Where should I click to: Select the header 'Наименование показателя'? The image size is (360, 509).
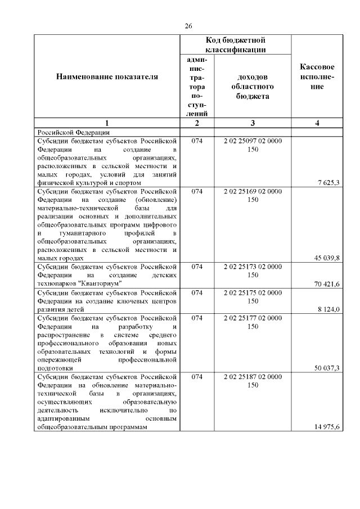(107, 76)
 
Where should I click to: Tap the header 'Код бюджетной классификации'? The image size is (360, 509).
(236, 45)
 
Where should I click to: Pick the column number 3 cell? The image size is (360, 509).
(253, 123)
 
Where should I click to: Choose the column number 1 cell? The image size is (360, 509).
(107, 123)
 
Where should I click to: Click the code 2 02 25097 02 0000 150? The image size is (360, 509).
(253, 145)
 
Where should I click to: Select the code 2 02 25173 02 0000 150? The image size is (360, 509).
(253, 271)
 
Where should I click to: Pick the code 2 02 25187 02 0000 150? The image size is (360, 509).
(253, 381)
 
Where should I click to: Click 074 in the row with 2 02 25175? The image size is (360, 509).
(196, 292)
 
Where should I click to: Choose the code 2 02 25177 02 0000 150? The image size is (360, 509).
(253, 322)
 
